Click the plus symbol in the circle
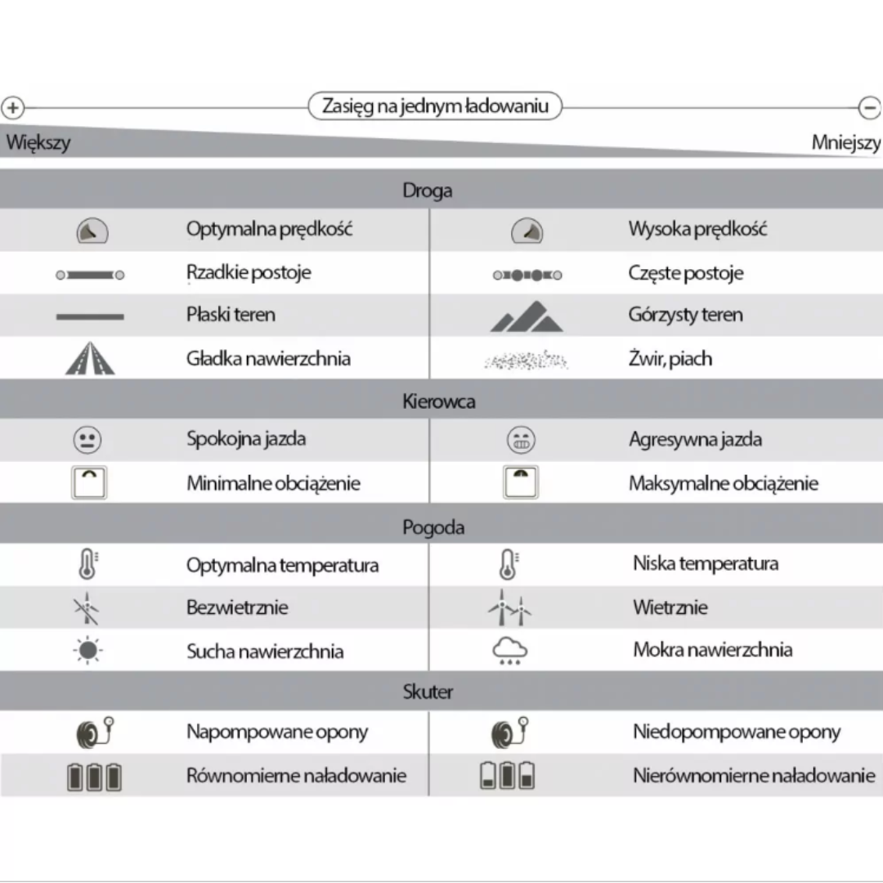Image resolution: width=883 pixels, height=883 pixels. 13,107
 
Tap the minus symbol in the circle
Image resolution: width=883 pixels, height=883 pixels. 869,107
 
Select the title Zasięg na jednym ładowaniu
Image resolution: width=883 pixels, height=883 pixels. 435,106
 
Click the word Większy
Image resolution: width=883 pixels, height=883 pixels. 38,142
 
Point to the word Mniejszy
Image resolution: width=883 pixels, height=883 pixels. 845,143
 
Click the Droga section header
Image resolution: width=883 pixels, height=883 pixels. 427,190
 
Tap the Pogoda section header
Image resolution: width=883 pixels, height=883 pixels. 433,527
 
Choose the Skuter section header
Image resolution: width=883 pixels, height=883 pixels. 428,692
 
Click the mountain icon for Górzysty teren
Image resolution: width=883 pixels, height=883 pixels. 527,317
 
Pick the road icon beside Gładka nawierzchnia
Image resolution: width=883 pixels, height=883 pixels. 90,358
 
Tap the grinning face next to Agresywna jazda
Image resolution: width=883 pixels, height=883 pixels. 521,441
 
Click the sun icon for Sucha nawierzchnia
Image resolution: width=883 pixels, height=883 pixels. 87,651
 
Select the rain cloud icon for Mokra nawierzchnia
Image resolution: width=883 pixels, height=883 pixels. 510,651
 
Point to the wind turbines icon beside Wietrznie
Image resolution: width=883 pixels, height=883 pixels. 509,608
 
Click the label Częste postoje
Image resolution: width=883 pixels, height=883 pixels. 685,273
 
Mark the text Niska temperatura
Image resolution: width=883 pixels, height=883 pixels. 705,563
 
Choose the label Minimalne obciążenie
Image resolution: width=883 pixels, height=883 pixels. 273,483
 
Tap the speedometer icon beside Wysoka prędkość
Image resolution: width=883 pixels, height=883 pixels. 527,232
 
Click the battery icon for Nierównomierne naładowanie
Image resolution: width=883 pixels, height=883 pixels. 507,775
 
